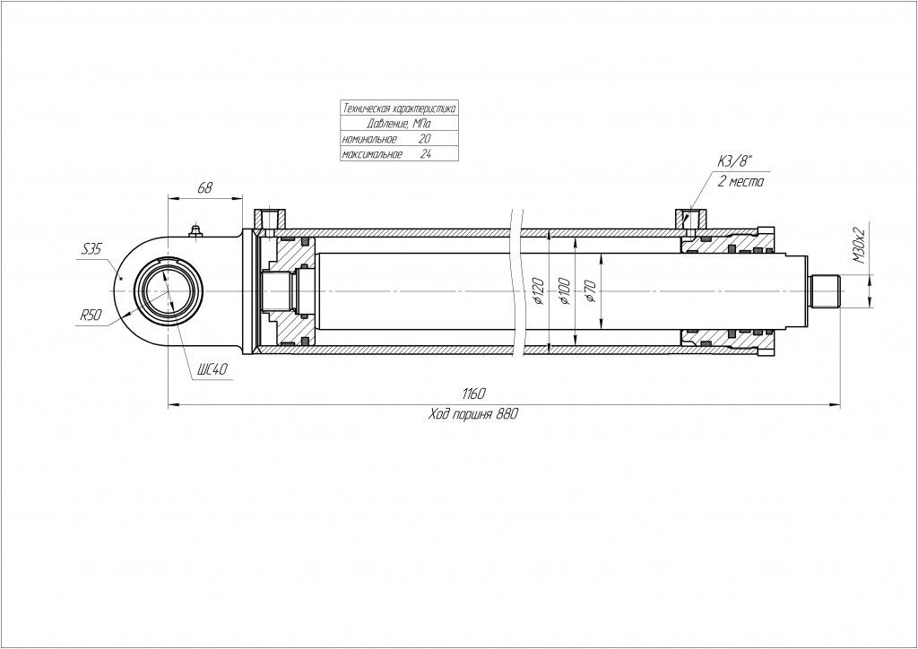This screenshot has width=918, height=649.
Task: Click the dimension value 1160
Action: click(474, 395)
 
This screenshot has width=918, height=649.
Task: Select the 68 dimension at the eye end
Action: click(204, 187)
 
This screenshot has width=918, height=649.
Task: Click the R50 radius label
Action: click(91, 316)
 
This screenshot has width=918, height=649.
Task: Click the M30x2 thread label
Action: click(858, 245)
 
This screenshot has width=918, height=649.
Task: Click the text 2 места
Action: click(740, 182)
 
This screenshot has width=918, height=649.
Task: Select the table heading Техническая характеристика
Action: click(399, 108)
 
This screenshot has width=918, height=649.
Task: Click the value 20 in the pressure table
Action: click(424, 139)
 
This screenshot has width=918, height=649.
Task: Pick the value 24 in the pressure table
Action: click(425, 154)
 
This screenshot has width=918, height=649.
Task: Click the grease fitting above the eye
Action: click(195, 232)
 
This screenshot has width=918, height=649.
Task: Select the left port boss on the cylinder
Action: click(271, 219)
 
